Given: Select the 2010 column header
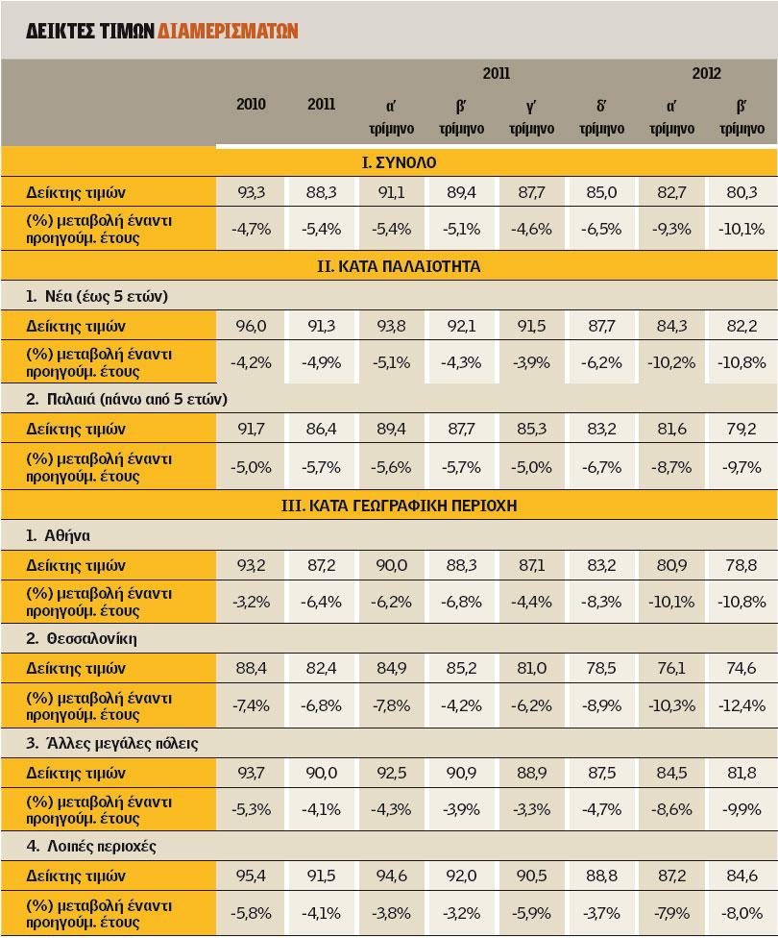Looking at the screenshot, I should click(251, 104).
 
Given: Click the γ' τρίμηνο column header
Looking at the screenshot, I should click(530, 116).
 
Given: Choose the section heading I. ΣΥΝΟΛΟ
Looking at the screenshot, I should click(398, 163).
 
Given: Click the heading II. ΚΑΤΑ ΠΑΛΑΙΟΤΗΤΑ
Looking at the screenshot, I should click(398, 267).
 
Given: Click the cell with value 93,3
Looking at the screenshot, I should click(252, 192).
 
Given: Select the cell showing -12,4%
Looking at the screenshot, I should click(742, 705).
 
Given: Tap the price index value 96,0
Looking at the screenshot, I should click(252, 326).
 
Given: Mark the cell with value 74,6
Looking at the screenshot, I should click(742, 668).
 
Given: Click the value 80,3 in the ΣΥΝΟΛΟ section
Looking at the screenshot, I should click(742, 192).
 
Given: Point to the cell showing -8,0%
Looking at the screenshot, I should click(742, 913).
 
